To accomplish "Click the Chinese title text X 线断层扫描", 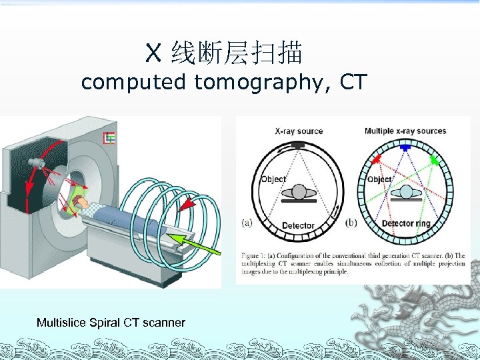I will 225,52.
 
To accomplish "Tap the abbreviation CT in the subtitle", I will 353,83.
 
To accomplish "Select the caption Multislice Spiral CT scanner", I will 111,323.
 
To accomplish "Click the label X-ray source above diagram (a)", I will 299,131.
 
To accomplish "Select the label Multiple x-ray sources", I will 405,131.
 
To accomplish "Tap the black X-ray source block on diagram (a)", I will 298,145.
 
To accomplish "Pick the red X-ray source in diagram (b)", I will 377,160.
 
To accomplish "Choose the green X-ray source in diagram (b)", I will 436,159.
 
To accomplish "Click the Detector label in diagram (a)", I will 298,225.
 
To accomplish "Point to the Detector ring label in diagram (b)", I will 406,223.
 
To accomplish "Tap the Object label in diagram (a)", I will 273,179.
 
